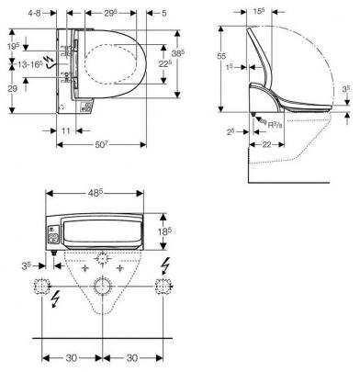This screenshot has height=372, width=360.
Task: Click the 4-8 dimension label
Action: point(34,13)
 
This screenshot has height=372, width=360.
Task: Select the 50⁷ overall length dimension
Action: point(102,144)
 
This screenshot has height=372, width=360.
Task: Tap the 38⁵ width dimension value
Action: point(178,54)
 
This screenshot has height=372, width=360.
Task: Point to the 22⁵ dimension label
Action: point(164,64)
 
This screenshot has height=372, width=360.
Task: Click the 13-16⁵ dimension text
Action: point(30,64)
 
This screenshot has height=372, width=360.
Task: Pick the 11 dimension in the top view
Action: point(66,130)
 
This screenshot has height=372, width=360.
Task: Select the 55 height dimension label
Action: point(221,56)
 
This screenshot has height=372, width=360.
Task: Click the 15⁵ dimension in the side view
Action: point(259,12)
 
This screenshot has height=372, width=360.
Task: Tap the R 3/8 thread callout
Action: point(275,125)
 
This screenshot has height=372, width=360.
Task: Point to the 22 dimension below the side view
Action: point(267,144)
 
